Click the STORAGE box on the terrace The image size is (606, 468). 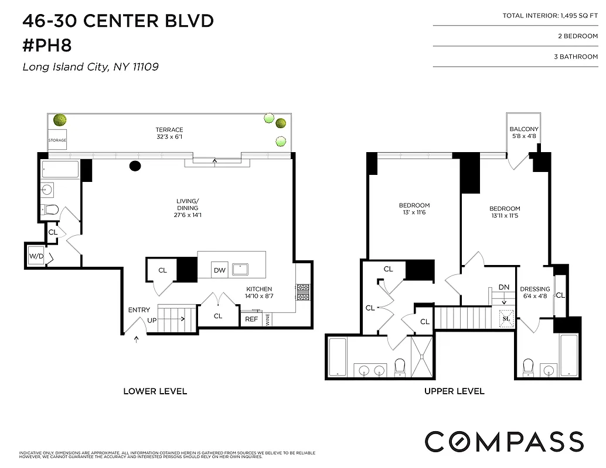57,140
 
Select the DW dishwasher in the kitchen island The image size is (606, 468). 220,270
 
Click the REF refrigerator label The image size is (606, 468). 251,319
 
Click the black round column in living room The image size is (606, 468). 135,166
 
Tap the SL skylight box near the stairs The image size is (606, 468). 506,319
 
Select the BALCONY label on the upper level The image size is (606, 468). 524,129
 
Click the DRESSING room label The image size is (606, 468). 534,289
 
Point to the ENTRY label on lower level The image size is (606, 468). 139,310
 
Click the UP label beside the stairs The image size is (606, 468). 152,321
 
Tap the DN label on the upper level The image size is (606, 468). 504,287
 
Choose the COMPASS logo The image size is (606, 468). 504,441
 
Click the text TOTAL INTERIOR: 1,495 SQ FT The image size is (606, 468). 550,16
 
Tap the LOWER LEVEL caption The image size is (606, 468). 155,391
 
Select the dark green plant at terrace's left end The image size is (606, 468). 59,121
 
